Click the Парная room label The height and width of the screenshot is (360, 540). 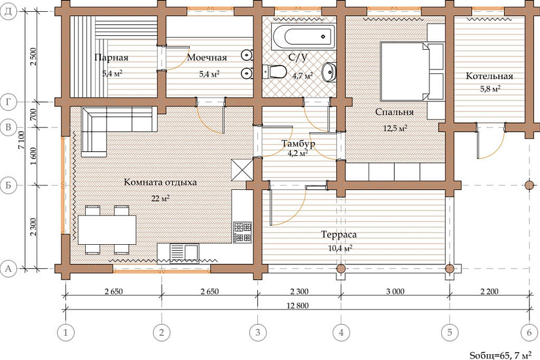click(x=111, y=57)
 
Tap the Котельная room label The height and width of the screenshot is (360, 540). click(x=490, y=76)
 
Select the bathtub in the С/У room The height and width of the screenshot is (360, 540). click(x=304, y=37)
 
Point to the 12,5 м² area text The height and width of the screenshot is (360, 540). click(x=395, y=128)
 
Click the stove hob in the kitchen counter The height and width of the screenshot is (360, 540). click(x=242, y=232)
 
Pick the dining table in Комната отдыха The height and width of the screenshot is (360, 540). click(x=107, y=230)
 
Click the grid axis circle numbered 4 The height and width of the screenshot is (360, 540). click(x=341, y=333)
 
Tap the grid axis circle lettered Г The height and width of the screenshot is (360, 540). click(x=9, y=102)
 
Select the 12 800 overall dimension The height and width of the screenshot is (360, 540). click(x=298, y=306)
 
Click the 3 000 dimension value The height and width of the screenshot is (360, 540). click(x=395, y=291)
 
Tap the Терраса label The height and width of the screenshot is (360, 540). click(x=339, y=235)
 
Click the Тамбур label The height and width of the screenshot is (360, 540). click(x=298, y=143)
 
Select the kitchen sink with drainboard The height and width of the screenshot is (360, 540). click(x=185, y=253)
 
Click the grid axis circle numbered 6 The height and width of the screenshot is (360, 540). click(x=529, y=333)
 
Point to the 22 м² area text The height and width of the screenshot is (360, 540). click(x=160, y=198)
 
